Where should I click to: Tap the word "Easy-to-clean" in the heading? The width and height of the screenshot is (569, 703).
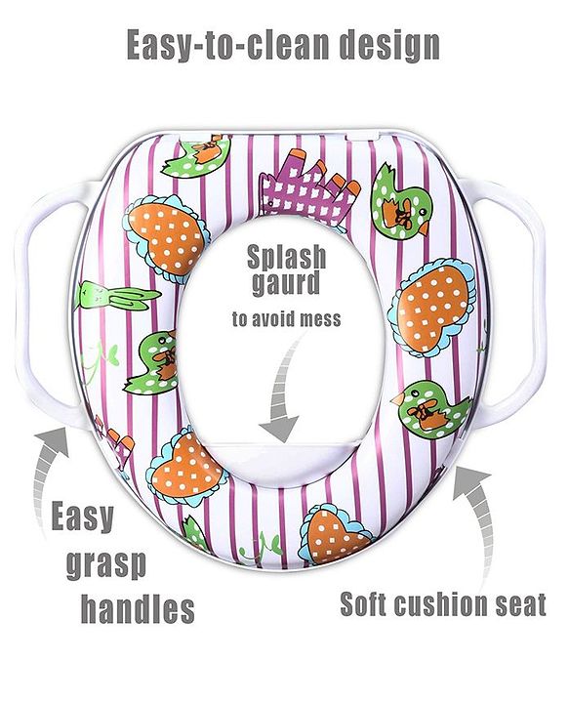(x=228, y=45)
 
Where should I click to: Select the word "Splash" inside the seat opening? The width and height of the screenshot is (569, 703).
(x=287, y=258)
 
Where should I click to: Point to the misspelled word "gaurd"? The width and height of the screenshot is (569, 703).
(x=286, y=284)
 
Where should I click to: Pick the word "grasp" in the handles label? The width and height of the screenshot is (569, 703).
(x=106, y=565)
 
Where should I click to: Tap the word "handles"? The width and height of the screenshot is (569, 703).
(x=138, y=608)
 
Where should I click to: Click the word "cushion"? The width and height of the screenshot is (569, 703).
(x=443, y=604)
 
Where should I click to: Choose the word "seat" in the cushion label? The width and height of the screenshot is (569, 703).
(x=521, y=604)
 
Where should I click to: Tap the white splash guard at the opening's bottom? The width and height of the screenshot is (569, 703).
(x=283, y=457)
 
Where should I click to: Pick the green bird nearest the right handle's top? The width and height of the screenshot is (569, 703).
(x=401, y=202)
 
